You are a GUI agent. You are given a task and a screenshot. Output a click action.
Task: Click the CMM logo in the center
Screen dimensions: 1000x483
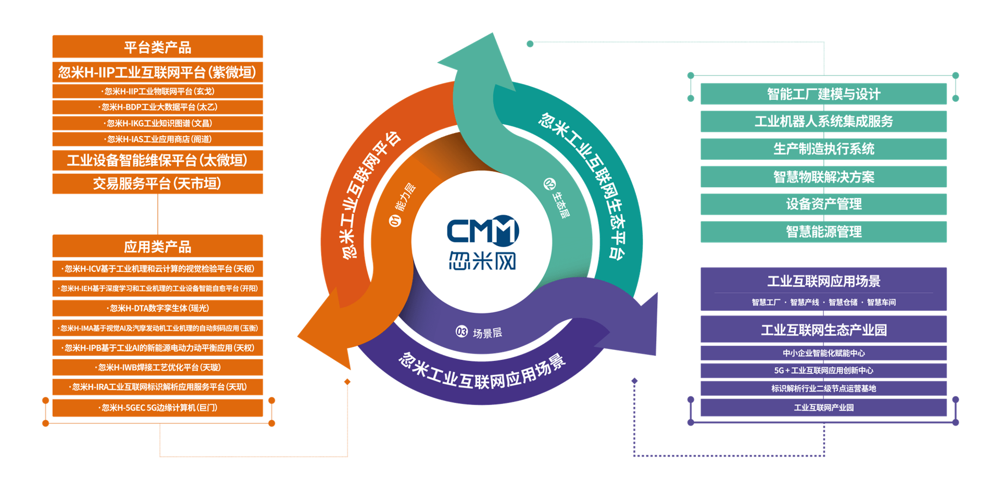tap(482, 243)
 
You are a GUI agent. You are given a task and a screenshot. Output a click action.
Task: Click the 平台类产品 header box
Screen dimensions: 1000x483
tap(157, 47)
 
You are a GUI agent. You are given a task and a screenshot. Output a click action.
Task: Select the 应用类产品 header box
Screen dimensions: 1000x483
tap(157, 246)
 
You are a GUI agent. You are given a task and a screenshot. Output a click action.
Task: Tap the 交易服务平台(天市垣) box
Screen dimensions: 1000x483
tap(157, 184)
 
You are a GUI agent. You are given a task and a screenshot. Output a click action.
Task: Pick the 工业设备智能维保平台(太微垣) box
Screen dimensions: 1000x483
tap(157, 160)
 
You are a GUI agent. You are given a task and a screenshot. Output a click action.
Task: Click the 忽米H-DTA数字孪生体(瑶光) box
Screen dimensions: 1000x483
tap(157, 308)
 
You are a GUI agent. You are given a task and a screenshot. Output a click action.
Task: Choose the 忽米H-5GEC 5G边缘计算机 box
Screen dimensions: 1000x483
tap(157, 408)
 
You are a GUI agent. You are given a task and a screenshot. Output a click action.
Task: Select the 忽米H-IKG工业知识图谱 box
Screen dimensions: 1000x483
tap(157, 124)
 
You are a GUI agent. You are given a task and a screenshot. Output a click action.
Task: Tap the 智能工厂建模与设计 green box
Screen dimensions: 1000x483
tap(823, 94)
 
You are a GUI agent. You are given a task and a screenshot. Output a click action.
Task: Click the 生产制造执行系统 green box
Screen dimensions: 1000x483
tap(823, 149)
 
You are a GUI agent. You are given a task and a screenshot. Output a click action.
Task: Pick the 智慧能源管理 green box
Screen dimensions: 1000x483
tap(823, 232)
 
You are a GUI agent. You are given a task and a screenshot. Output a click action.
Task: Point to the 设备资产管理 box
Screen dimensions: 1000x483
tap(823, 204)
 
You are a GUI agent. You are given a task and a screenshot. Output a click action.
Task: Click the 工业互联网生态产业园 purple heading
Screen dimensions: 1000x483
tap(823, 330)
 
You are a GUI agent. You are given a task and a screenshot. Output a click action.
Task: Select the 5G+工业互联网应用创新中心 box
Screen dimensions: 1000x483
tap(823, 371)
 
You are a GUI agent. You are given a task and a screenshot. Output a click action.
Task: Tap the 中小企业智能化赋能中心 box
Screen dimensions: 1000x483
tap(823, 353)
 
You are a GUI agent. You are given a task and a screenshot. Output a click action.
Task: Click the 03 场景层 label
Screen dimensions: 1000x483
tap(479, 333)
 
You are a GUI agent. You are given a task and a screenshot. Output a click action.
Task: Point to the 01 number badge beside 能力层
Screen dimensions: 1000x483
tap(395, 221)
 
